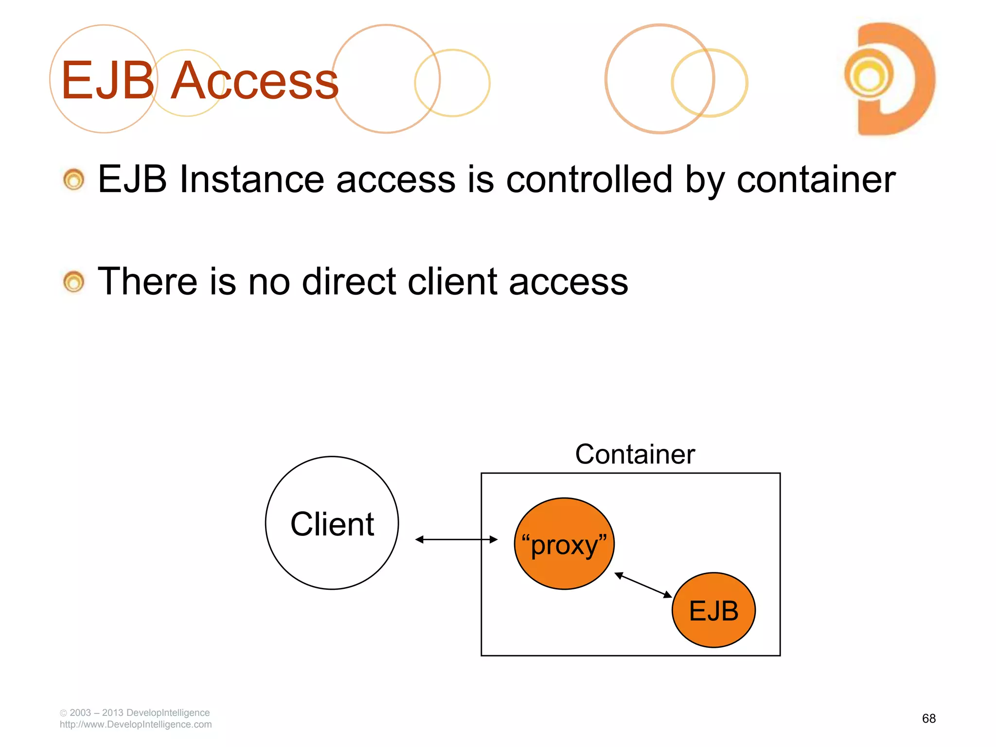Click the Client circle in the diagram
coord(332,523)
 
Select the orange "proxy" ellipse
coord(564,544)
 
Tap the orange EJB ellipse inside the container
coord(713,610)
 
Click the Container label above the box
coord(635,454)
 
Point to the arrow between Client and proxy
coord(456,539)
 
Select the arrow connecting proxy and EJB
coord(643,585)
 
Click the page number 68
coord(928,718)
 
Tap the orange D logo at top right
coord(890,79)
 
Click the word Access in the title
coord(254,80)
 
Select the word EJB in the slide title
coord(107,80)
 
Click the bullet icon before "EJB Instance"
coord(74,180)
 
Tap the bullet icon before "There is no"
coord(74,282)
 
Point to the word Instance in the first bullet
coord(251,179)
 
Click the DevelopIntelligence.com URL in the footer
coord(136,725)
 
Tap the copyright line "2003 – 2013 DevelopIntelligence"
coord(139,712)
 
